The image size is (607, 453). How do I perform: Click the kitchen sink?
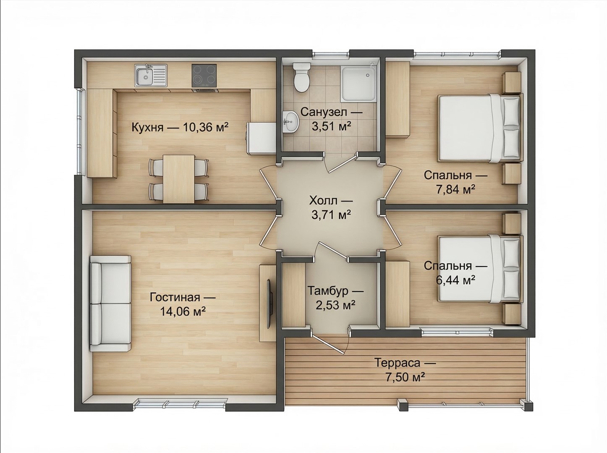point(151,75)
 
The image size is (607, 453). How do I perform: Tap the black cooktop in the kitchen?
point(204,76)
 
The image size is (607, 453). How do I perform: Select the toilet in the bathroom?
point(301,77)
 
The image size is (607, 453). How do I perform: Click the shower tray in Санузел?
point(358,84)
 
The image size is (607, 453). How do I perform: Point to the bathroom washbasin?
point(290,121)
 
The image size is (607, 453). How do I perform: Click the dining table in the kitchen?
point(179,179)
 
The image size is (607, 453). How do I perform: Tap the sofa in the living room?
point(110,304)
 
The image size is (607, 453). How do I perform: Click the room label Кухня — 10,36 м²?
point(180,128)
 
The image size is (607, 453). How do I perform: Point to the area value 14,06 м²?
point(183,312)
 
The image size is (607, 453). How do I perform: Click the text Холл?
point(323,200)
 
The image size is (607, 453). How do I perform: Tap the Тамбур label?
point(328,291)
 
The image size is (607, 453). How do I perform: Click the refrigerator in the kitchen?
point(262,138)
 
